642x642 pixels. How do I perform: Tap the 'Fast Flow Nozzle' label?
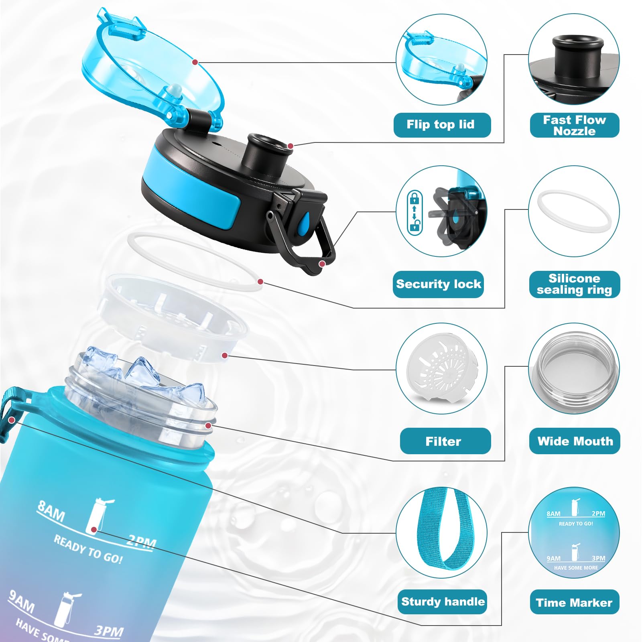tap(574, 125)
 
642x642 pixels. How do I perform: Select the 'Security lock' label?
tap(438, 284)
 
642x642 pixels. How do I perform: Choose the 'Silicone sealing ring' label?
tap(574, 284)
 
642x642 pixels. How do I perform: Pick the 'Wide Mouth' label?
tap(575, 441)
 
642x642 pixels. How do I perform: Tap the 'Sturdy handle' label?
tap(442, 601)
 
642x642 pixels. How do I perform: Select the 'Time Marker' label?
tap(574, 602)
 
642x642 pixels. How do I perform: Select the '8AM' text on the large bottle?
tap(51, 511)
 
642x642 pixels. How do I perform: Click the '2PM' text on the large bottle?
tap(141, 542)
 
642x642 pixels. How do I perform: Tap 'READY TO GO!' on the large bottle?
tap(88, 549)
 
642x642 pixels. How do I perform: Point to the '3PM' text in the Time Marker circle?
tap(598, 558)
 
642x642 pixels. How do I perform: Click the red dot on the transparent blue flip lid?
tap(195, 62)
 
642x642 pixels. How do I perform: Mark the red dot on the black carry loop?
tap(322, 264)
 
